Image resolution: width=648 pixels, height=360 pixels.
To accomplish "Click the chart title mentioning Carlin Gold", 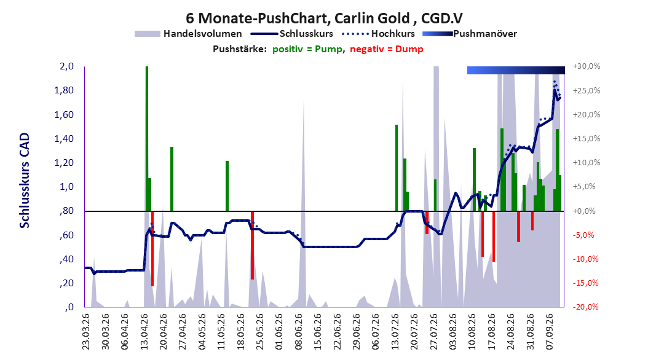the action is click(324, 18).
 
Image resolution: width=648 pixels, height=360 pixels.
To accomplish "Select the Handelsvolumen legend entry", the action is click(189, 34).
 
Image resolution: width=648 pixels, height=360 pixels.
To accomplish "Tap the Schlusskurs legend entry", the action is click(291, 34).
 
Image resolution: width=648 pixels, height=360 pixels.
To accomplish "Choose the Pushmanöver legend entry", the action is click(470, 34).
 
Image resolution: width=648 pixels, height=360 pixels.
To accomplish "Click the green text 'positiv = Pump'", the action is click(307, 49).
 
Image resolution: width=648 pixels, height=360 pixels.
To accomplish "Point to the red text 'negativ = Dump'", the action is click(387, 49).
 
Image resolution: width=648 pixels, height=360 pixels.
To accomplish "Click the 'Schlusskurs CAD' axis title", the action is click(25, 181).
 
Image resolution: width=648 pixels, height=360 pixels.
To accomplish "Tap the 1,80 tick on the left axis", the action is click(64, 90).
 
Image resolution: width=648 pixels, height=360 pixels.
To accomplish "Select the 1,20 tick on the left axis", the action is click(64, 163).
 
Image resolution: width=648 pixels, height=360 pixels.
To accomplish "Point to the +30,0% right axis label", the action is click(587, 66).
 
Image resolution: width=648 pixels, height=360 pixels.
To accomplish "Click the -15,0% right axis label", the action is click(587, 283).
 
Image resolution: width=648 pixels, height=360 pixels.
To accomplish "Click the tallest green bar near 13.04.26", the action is click(147, 139).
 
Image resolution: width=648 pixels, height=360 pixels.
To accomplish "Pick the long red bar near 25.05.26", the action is click(252, 245).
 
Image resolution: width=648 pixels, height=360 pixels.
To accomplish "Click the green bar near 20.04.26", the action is click(172, 179).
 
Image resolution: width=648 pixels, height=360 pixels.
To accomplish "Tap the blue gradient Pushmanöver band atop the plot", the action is click(516, 70).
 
